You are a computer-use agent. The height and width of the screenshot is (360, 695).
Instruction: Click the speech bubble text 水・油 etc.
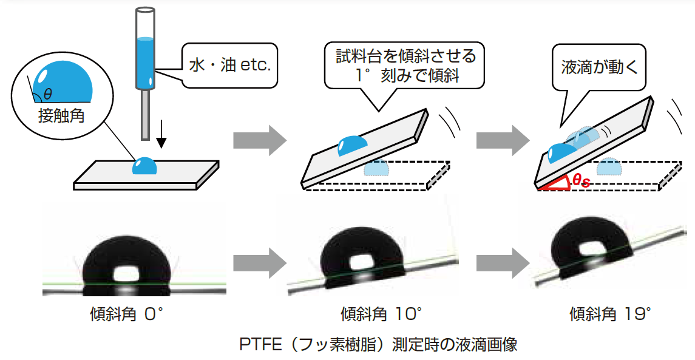[x=230, y=65]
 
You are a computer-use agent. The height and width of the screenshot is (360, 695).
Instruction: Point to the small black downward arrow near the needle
[x=161, y=140]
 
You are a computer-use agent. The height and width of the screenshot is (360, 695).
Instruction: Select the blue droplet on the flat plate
[x=145, y=166]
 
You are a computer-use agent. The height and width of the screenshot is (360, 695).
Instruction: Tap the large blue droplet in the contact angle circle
[x=63, y=84]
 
